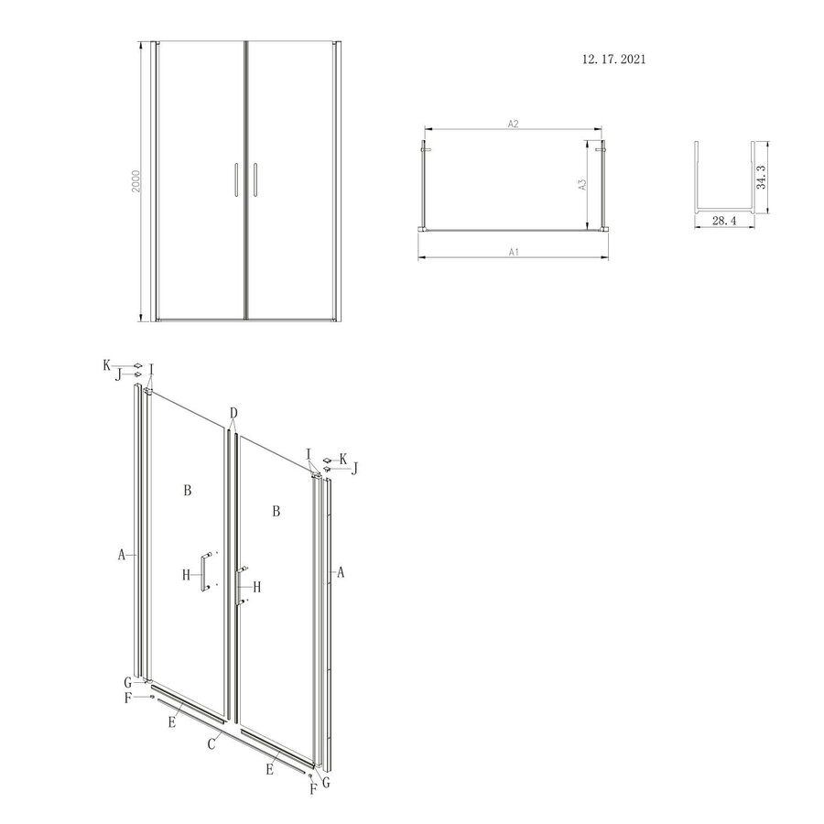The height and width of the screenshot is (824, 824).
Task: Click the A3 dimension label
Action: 581,185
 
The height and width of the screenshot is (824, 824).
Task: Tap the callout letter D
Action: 234,413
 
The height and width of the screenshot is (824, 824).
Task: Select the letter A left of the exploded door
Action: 121,553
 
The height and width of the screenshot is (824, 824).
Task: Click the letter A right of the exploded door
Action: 342,572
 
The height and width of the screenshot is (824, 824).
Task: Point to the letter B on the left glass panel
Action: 187,491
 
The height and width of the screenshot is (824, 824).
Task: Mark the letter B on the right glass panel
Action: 275,511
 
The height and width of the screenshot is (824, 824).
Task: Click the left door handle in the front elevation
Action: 236,179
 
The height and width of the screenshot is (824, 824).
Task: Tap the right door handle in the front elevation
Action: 255,179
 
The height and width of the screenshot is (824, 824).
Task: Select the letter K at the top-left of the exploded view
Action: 107,364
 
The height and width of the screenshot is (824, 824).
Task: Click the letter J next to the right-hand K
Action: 354,468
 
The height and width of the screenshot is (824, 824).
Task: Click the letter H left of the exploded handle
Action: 186,574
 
